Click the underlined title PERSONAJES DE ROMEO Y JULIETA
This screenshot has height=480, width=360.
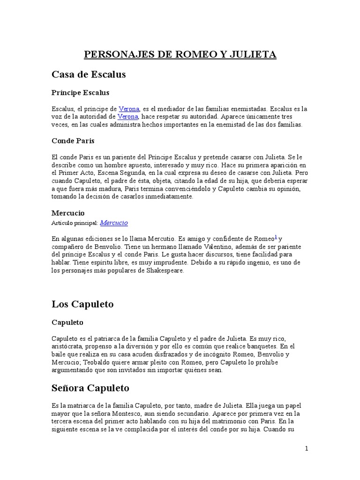point(180,55)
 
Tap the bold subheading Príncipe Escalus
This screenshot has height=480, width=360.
point(80,93)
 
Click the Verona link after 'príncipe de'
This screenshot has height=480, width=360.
point(129,109)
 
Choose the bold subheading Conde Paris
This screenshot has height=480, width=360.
point(73,141)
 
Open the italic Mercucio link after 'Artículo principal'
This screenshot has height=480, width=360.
point(114,223)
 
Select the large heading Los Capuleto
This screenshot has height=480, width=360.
point(82,304)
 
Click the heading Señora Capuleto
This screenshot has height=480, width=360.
point(90,388)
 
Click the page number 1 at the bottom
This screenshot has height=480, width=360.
point(307,449)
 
